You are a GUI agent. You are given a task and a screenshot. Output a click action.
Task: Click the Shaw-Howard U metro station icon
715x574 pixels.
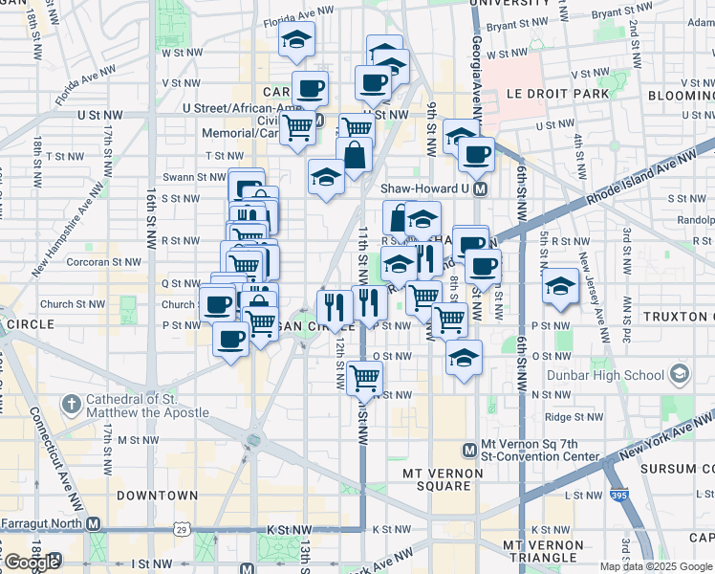(481, 188)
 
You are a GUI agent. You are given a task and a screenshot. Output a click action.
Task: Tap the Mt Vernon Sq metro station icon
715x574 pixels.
(469, 451)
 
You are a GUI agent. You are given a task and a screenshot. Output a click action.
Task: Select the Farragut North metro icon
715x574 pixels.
(93, 523)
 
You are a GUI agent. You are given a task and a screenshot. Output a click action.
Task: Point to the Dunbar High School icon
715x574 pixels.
(680, 372)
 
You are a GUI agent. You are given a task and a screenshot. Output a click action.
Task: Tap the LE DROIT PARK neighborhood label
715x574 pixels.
(544, 95)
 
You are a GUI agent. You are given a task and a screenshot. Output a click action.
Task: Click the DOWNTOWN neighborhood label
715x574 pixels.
(157, 496)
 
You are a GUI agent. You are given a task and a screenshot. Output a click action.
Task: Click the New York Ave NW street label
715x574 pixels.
(661, 439)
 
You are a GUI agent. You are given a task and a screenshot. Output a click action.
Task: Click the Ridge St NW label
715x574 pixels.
(571, 416)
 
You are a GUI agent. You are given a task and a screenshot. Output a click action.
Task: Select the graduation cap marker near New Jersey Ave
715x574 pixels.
(560, 286)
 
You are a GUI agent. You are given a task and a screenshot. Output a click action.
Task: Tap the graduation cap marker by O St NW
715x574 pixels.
(465, 358)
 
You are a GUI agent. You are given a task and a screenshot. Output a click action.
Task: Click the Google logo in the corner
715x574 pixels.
(32, 563)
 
